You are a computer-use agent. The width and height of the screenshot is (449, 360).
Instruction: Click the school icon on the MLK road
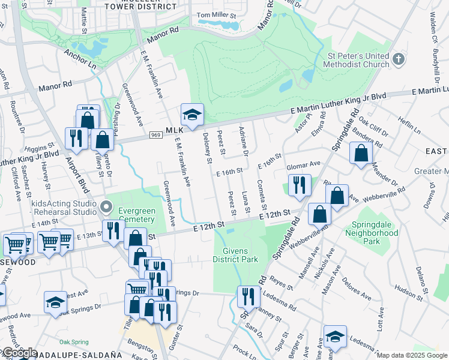point(192,115)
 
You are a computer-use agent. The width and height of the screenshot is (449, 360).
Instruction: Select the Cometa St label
point(261,194)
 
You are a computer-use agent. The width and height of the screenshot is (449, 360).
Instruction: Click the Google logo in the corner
point(19,353)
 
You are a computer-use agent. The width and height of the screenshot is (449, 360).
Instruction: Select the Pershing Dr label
point(117,109)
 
